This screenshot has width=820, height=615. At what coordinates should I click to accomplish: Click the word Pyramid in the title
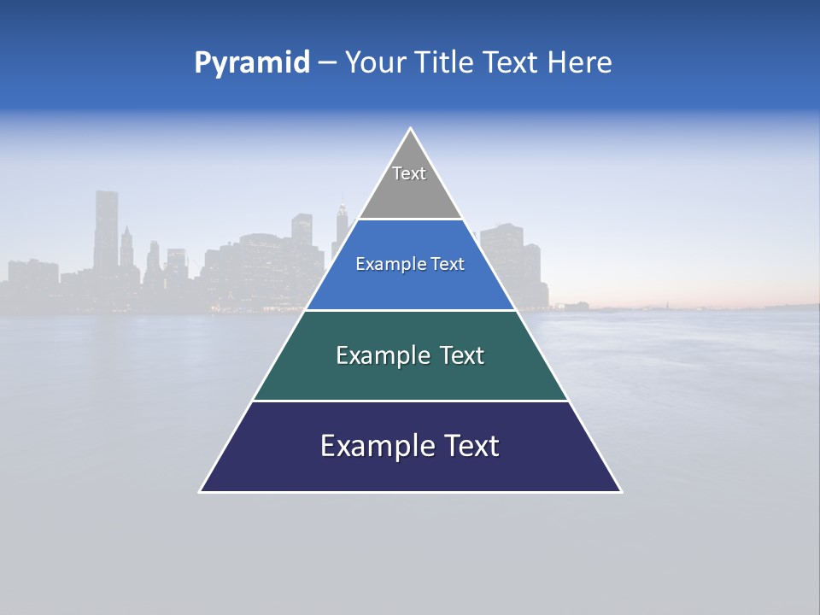251,63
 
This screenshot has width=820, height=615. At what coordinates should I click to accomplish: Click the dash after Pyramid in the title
327,63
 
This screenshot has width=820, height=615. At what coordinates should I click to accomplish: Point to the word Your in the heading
376,62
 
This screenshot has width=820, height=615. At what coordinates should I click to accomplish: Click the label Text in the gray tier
409,173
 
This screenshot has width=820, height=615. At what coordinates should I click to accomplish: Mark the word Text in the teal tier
463,355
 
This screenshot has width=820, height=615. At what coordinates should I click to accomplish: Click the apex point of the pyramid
411,129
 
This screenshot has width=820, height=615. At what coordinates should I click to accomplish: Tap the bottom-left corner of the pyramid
201,491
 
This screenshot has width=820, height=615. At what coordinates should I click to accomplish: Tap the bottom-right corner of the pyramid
621,491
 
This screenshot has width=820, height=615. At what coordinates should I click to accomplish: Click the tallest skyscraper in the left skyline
106,231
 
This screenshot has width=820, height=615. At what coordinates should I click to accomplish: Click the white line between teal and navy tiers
410,401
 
